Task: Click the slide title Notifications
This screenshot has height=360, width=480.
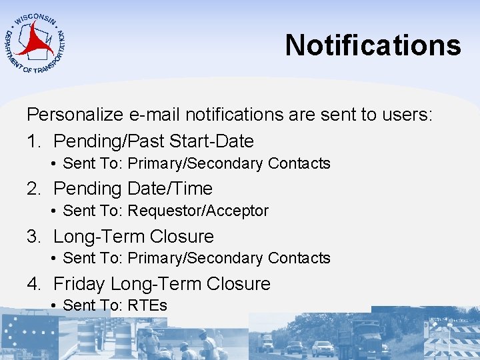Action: [x=373, y=45]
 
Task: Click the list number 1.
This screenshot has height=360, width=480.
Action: [x=33, y=141]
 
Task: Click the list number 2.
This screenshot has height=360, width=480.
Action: [x=34, y=189]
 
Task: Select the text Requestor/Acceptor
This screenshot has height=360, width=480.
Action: [x=198, y=211]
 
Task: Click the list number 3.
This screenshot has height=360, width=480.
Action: [x=34, y=237]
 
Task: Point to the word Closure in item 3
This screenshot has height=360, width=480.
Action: [x=182, y=237]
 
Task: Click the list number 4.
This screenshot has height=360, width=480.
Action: [x=34, y=284]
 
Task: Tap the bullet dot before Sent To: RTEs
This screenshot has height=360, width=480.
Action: [x=53, y=306]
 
